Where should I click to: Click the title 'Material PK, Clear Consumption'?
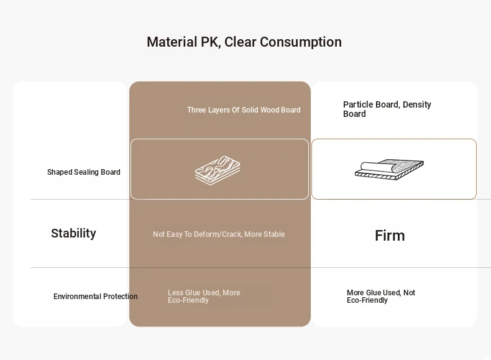point(244,42)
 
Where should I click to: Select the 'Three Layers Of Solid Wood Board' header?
point(244,110)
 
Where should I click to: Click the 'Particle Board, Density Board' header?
point(387,109)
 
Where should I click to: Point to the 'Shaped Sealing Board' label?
point(84,172)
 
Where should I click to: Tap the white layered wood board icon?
point(218,170)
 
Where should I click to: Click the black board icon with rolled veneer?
point(389,170)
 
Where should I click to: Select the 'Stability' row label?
point(73,233)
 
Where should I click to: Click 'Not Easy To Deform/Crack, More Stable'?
point(219,234)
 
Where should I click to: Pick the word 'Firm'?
point(390,236)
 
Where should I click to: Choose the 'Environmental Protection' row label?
point(96,297)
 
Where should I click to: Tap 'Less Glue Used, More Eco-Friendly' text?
point(204,297)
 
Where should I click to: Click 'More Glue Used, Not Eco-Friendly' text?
point(381,297)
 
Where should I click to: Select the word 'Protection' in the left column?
point(121,297)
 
